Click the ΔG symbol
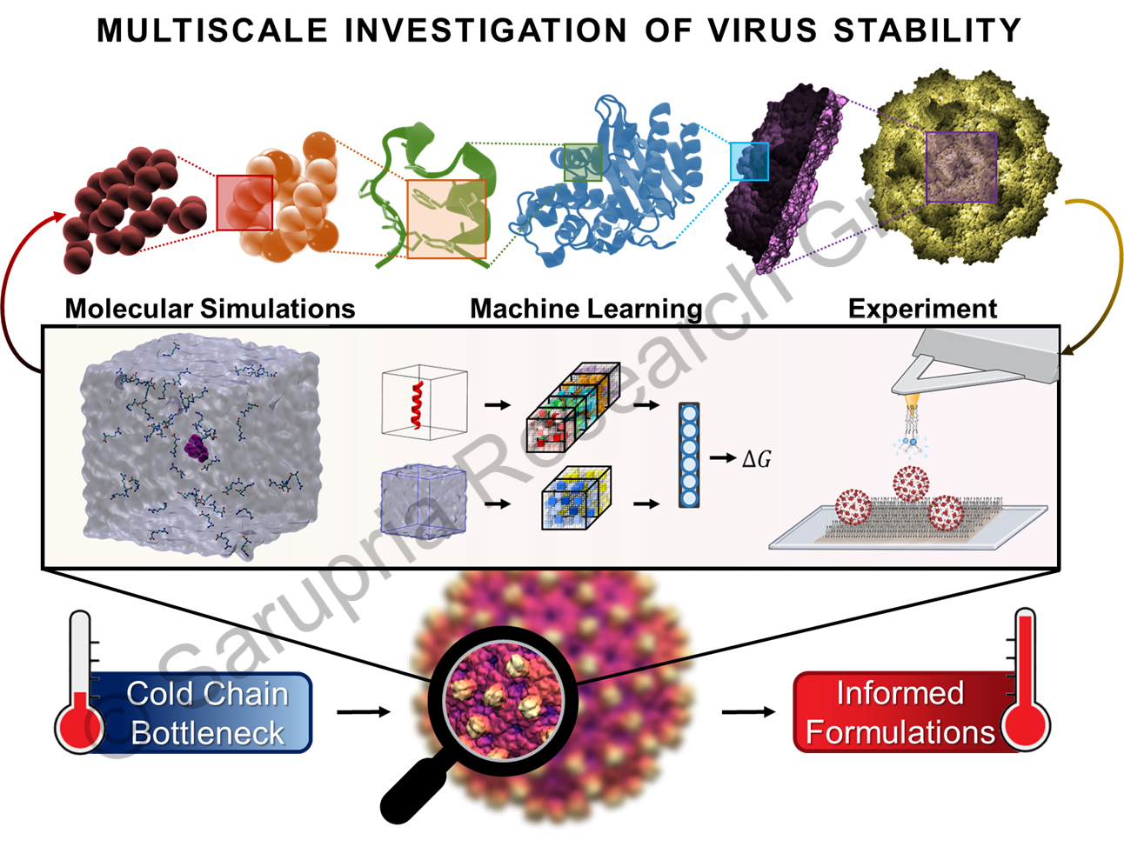(x=756, y=458)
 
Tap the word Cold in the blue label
(x=159, y=694)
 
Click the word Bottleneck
(x=207, y=733)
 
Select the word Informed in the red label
(x=900, y=693)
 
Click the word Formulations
(x=900, y=732)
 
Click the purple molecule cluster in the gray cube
(x=197, y=447)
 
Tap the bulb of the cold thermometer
(x=80, y=727)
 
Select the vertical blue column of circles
(x=689, y=455)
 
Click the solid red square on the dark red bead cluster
(x=244, y=202)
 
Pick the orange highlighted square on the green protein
(x=446, y=219)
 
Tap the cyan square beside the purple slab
(x=748, y=161)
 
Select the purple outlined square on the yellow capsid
(x=960, y=167)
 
